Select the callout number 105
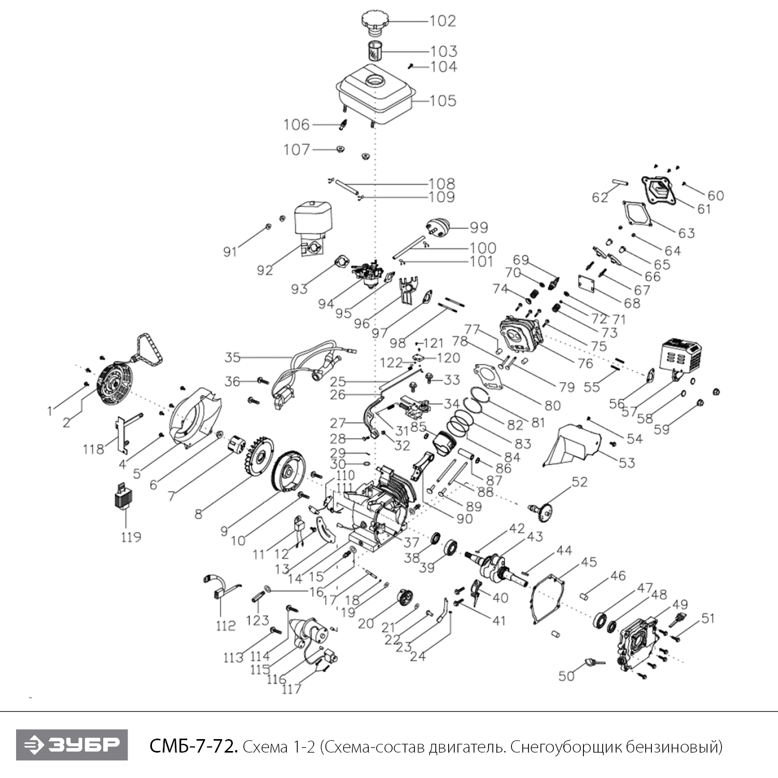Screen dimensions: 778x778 click(x=443, y=100)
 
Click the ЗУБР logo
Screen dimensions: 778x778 click(x=72, y=745)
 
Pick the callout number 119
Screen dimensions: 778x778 click(x=131, y=536)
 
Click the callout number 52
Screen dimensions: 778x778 click(x=579, y=482)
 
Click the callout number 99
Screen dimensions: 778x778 click(x=479, y=227)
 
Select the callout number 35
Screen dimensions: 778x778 click(x=232, y=357)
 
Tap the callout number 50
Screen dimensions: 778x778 click(x=566, y=676)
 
